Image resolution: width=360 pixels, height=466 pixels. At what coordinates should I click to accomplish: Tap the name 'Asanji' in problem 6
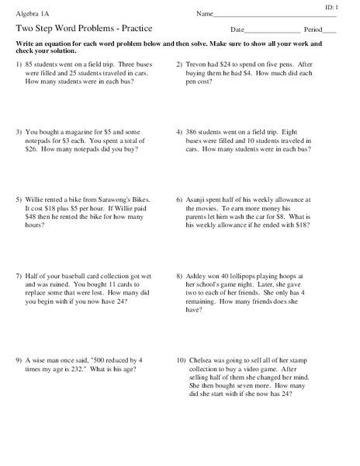tap(201, 200)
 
